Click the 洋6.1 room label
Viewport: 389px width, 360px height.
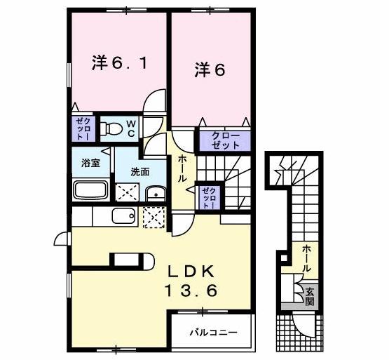(x=118, y=63)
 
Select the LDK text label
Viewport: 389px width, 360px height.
(x=189, y=271)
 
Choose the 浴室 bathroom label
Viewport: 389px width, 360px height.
(x=90, y=164)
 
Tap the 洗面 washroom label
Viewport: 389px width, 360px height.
(x=139, y=171)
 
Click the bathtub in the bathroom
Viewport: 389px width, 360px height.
(x=90, y=190)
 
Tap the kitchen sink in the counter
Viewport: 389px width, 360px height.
(x=123, y=216)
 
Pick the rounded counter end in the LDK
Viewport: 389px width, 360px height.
(x=146, y=260)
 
